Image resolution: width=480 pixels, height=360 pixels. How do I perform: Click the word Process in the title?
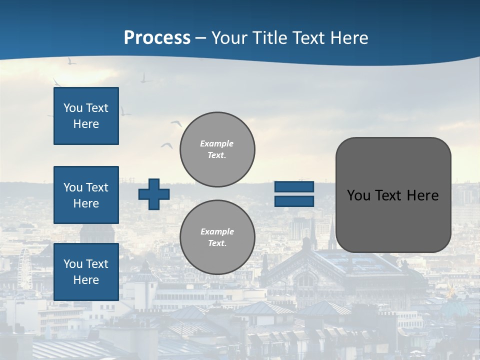tap(157, 38)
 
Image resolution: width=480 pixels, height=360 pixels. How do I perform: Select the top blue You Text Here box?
tap(86, 116)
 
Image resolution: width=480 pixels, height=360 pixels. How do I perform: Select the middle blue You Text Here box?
tap(86, 195)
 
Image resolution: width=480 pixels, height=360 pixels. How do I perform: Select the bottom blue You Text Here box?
tap(86, 271)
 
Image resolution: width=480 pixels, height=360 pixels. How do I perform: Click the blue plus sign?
tap(154, 194)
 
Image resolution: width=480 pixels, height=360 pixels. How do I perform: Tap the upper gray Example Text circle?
tap(217, 149)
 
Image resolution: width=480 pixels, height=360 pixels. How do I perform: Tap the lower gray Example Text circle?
tap(217, 237)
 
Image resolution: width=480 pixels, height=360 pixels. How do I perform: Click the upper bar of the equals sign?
tap(294, 187)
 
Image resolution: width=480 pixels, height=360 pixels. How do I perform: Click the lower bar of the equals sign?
tap(294, 201)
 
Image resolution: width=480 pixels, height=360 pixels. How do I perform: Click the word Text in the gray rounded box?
tap(392, 195)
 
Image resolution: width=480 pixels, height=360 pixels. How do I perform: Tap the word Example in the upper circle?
tap(217, 143)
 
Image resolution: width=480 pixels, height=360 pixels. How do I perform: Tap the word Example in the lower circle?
tap(217, 231)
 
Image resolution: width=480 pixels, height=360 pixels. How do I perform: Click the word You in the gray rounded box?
tap(358, 195)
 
